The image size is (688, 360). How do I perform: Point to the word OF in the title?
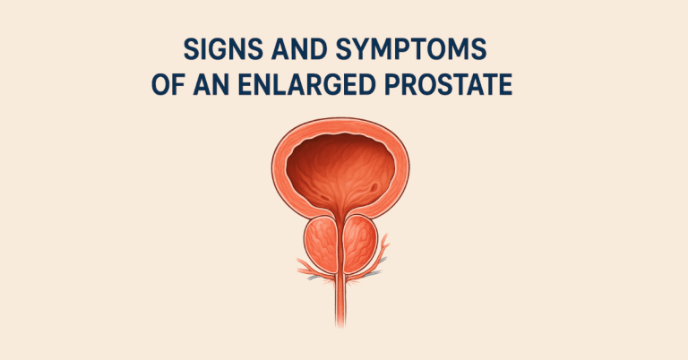tap(161, 86)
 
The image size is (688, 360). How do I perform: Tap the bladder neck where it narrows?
tap(344, 215)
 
